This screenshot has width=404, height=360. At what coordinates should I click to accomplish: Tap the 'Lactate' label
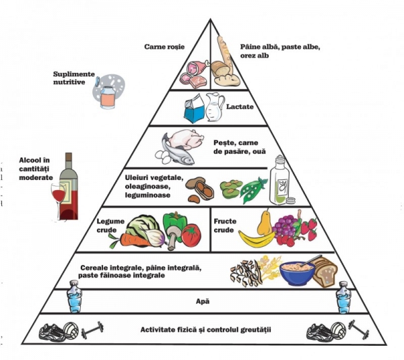[239, 107]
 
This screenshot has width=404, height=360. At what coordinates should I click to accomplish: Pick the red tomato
[191, 235]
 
